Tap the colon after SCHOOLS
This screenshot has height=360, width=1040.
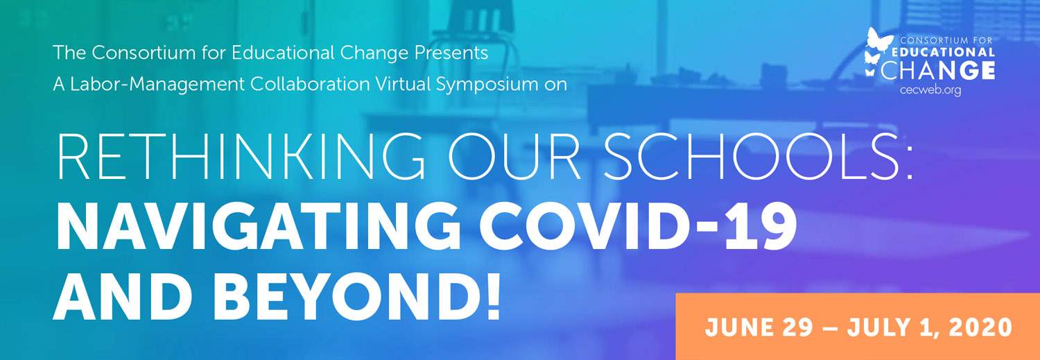[908, 163]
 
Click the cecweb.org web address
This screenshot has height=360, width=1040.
[930, 91]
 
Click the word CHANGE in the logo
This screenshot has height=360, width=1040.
[937, 71]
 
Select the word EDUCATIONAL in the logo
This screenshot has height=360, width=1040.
[944, 52]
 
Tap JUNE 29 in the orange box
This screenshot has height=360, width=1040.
[759, 327]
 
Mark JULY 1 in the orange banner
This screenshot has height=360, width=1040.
[891, 328]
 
